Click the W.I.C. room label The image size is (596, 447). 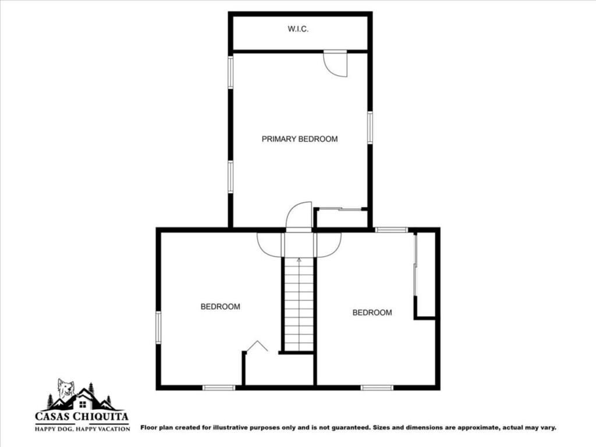(298, 29)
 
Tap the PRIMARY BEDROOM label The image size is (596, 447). (300, 139)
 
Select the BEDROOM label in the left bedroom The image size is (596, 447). (221, 306)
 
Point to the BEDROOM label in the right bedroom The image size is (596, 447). (372, 313)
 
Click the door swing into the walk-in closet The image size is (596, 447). (335, 63)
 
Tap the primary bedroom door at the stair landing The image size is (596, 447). (299, 217)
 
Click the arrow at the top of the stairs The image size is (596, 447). (299, 260)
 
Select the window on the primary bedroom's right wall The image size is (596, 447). (370, 127)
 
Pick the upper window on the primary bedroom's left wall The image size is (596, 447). (230, 73)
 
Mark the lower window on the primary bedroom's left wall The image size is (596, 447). (230, 177)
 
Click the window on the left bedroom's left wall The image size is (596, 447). (158, 328)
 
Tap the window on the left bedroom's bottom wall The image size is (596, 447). (219, 388)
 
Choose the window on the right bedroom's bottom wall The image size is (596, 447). (377, 388)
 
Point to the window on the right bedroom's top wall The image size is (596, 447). (391, 230)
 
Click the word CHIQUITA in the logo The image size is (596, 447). (100, 417)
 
